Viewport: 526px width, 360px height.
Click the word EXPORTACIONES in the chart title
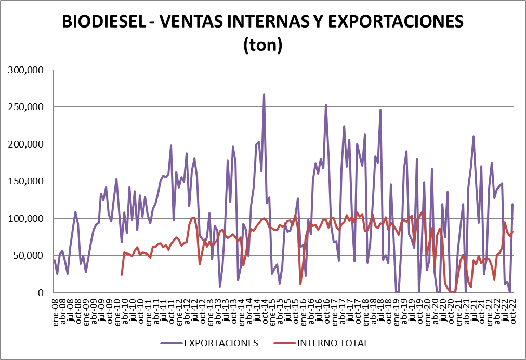393,22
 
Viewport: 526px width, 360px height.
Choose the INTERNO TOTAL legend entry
333,343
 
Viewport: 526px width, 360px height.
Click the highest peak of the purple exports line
264,94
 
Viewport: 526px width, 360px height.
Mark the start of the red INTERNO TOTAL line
122,275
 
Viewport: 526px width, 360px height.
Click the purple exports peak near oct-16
326,105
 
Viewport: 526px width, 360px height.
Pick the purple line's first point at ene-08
55,260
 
